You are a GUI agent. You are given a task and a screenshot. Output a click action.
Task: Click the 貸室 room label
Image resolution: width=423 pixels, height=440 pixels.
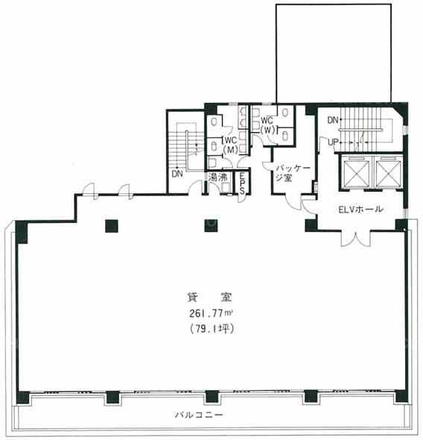[x=210, y=297]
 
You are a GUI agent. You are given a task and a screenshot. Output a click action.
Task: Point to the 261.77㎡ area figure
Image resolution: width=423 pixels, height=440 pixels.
[x=211, y=313]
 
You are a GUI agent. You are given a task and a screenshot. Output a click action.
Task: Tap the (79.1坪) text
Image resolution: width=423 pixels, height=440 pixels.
[x=211, y=328]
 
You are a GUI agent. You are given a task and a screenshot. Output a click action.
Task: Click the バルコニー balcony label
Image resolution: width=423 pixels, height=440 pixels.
[x=199, y=414]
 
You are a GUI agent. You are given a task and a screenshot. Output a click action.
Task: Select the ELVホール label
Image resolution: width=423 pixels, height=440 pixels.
[x=360, y=210]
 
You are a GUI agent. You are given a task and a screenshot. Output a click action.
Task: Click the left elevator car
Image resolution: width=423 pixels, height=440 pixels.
[x=356, y=172]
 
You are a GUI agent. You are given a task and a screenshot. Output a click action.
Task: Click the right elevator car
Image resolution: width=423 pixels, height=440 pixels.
[x=388, y=172]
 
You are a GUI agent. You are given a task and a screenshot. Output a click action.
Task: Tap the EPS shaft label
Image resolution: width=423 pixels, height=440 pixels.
[x=242, y=183]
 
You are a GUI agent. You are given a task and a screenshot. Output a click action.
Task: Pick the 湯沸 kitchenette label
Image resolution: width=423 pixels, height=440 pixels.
[x=217, y=177]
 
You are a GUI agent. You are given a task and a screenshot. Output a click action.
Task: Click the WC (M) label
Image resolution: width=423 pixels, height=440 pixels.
[x=231, y=145]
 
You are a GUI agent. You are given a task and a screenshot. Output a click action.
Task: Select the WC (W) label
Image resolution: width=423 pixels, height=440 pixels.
[x=267, y=125]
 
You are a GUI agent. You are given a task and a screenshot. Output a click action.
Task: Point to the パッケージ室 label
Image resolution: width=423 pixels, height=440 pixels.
[x=293, y=173]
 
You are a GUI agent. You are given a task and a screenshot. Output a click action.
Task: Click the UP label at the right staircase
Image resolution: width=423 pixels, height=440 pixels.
[x=333, y=142]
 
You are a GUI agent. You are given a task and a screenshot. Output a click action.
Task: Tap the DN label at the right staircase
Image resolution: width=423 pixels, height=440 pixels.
[x=333, y=120]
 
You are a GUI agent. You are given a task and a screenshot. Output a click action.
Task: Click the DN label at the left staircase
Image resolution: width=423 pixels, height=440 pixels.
[x=177, y=174]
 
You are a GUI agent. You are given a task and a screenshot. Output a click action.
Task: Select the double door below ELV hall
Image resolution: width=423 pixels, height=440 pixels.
[x=356, y=239]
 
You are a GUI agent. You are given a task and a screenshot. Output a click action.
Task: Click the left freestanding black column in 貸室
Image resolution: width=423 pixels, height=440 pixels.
[x=112, y=226]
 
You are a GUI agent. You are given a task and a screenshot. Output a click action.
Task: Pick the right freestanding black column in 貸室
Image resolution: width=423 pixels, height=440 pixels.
[x=211, y=226]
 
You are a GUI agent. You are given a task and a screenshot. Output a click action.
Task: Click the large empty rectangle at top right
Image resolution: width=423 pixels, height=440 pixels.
[x=334, y=53]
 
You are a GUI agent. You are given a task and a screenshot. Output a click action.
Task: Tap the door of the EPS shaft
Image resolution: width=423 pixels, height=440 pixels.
[x=242, y=198]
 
